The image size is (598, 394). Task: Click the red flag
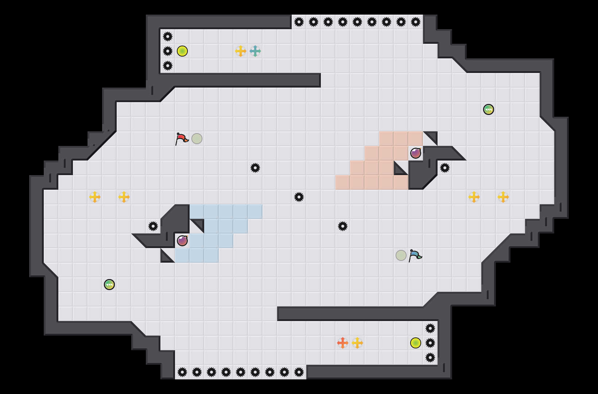(181, 139)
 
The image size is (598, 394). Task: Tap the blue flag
(415, 255)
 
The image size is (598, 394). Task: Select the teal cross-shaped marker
(255, 51)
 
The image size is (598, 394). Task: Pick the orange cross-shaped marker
(343, 343)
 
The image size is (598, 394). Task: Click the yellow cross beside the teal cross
(241, 51)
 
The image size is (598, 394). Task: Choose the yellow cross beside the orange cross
(357, 343)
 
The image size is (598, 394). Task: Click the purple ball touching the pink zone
(416, 153)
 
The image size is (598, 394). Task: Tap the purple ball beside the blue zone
(182, 241)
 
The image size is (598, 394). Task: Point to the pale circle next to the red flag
(197, 139)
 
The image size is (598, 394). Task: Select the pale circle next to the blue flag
(401, 255)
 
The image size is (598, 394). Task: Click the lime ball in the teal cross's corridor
(182, 51)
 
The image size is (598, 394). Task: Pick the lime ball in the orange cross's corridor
(416, 343)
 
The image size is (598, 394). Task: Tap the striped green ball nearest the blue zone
(109, 285)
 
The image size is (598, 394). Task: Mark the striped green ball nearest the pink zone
(489, 109)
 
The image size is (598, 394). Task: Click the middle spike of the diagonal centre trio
(299, 197)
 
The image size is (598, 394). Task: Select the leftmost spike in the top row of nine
(299, 22)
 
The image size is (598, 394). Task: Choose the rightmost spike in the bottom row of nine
(299, 372)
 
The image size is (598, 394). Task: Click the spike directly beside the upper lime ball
(168, 51)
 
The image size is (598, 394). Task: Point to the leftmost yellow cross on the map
(95, 197)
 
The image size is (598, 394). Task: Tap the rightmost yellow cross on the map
(503, 197)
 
